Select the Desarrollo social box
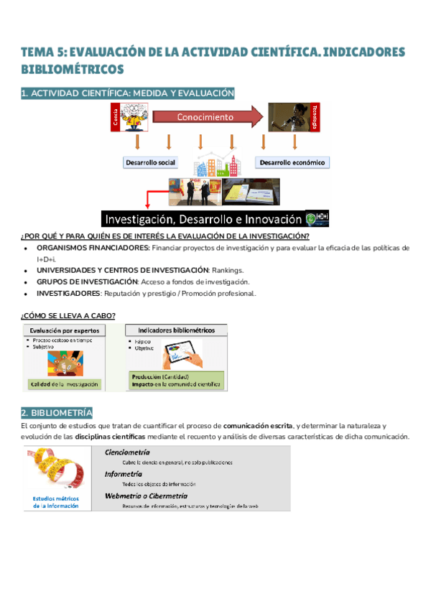[x=150, y=162]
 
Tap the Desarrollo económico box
[x=292, y=162]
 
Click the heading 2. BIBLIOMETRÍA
[x=57, y=412]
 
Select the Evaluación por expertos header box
[x=65, y=330]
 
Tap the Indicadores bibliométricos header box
[x=176, y=330]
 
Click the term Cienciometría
[x=127, y=452]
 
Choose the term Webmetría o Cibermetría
[x=146, y=496]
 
